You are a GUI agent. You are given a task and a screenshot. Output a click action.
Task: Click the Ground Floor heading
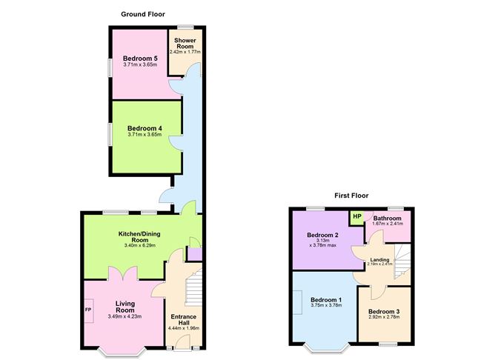tap(143, 14)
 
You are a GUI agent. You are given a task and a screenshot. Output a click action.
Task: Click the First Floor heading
tap(351, 196)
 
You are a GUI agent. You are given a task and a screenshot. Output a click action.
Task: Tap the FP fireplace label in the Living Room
tap(88, 310)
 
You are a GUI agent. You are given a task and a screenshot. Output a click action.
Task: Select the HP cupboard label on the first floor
tap(357, 216)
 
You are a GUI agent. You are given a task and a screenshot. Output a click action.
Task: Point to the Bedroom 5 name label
tap(140, 59)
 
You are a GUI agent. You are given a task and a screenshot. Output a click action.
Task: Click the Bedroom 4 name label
tap(144, 128)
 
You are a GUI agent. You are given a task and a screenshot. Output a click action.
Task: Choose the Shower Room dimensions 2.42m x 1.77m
tap(185, 52)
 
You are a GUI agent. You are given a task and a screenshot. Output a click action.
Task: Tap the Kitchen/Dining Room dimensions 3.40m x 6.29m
tap(139, 245)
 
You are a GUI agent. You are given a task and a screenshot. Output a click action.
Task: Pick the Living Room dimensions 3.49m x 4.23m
tap(124, 316)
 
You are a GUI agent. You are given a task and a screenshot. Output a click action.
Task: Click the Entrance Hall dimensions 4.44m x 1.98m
tap(184, 328)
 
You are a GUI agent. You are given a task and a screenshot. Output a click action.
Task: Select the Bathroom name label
tap(388, 219)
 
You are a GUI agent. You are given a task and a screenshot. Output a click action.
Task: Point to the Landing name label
tap(380, 260)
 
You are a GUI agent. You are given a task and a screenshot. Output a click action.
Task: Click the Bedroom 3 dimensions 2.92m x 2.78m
tap(384, 317)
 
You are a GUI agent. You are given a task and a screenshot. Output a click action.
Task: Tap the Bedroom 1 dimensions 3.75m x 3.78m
tap(326, 305)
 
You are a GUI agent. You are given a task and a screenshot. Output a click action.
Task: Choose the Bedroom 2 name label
tap(322, 235)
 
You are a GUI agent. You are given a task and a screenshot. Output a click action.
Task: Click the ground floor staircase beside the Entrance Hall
tap(193, 287)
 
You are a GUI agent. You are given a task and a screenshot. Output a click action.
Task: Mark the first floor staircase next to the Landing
tap(402, 261)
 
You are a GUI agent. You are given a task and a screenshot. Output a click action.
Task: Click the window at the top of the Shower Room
tap(185, 27)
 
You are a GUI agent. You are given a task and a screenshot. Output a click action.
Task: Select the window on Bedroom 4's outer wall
tap(110, 134)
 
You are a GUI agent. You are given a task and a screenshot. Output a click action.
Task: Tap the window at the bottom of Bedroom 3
tap(388, 344)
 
